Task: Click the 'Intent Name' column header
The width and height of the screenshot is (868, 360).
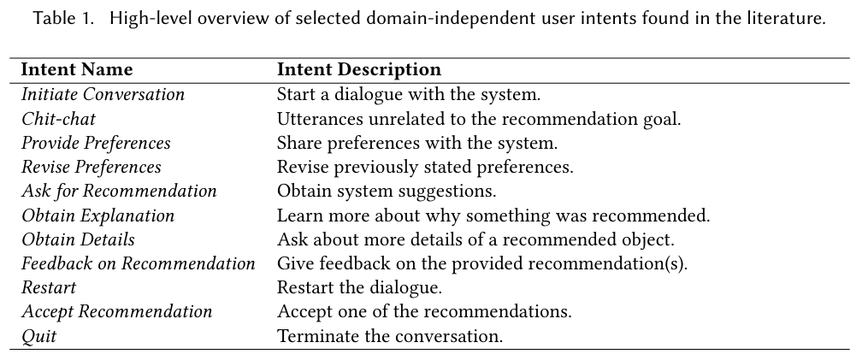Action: coord(77,69)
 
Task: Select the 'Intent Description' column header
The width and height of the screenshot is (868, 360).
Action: coord(359,69)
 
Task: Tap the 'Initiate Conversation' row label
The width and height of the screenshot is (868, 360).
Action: coord(103,94)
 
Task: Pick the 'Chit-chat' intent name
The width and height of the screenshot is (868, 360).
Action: coord(58,119)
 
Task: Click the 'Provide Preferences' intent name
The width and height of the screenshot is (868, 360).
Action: coord(96,143)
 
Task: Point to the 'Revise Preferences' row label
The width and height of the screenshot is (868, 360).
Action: coord(92,167)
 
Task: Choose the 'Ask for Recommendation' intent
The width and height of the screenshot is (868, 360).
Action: coord(119,191)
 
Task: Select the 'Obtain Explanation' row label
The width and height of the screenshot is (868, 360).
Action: coord(97,215)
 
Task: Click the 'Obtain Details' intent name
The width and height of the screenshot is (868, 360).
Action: coord(78,239)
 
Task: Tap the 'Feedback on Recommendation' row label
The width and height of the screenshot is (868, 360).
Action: coord(138,263)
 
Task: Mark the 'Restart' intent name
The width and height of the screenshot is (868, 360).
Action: coord(49,287)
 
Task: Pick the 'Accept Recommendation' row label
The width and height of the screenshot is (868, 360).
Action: coord(116,311)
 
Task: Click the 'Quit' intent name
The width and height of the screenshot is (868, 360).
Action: coord(39,336)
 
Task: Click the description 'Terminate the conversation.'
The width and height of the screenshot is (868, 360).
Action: coord(390,336)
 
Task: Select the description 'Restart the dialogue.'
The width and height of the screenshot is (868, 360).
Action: coord(360,287)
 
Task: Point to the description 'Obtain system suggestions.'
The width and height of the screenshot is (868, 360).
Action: coord(387,191)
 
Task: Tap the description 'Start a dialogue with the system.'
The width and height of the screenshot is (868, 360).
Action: coord(409,94)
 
